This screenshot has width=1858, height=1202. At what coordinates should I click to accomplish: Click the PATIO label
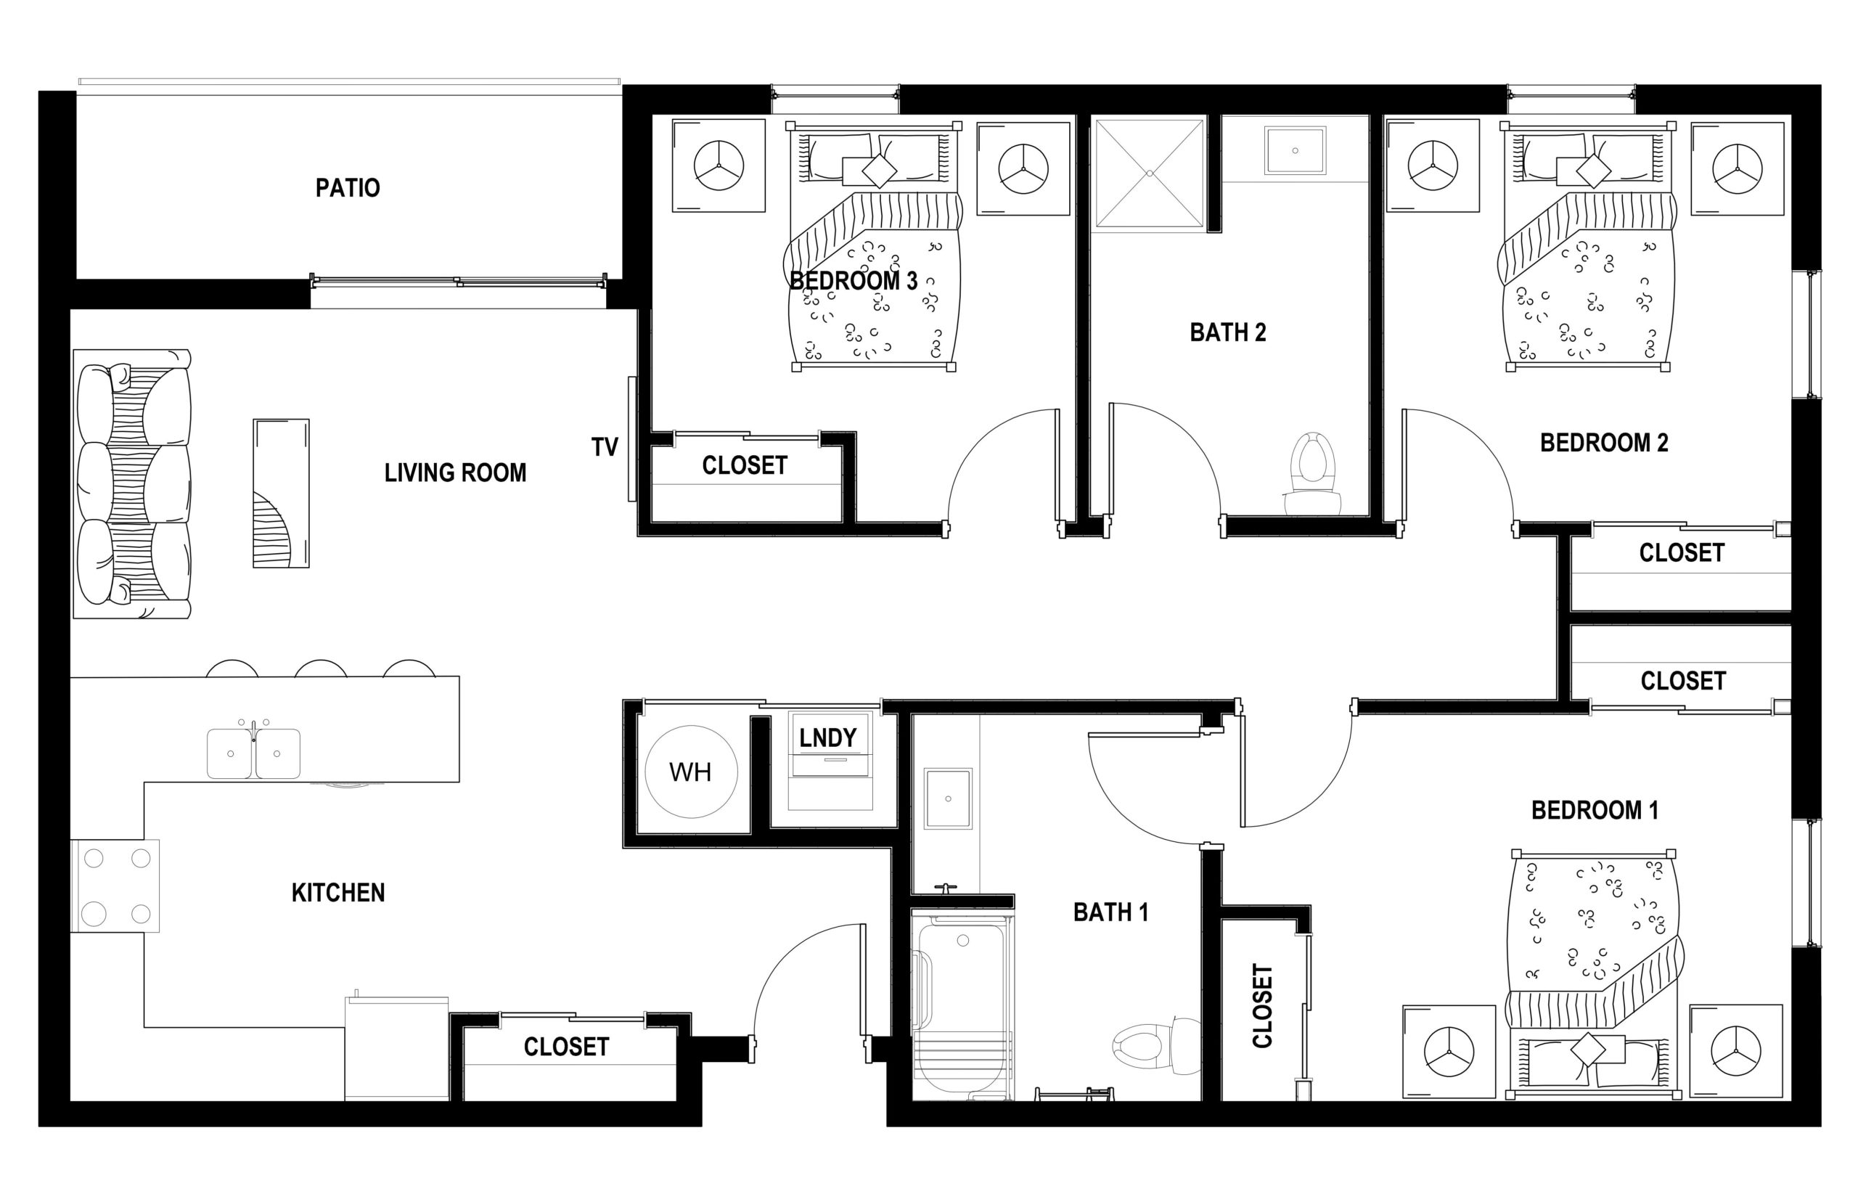(x=347, y=188)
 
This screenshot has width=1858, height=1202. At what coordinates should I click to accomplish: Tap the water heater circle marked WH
(x=691, y=771)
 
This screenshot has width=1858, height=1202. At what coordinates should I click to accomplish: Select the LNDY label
(x=828, y=737)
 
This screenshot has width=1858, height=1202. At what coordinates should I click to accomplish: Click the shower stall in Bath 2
(x=1149, y=173)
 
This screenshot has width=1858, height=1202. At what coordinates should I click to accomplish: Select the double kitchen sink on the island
(x=253, y=753)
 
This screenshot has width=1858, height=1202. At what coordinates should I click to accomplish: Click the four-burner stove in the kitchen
(x=115, y=886)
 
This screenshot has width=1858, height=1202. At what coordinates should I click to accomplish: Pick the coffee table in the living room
(x=281, y=494)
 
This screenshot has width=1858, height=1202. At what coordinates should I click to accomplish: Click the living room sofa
(x=132, y=484)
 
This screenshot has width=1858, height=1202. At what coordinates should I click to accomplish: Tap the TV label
(x=604, y=447)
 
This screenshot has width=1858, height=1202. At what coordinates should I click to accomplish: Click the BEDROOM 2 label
(x=1603, y=443)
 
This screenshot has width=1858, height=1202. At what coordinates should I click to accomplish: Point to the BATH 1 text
(x=1110, y=912)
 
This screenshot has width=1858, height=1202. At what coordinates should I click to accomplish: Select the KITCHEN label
(x=338, y=893)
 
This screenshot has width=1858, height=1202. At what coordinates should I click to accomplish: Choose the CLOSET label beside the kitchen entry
(x=566, y=1047)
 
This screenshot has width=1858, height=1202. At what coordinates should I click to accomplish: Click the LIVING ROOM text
(x=455, y=473)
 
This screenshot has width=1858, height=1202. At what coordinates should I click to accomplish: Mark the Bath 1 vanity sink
(x=947, y=798)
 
